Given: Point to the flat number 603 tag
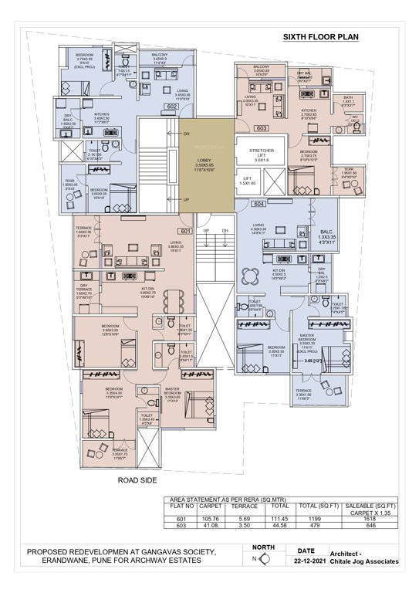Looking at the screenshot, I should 262,128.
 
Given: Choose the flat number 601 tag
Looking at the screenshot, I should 185,231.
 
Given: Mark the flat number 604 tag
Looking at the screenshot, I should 258,204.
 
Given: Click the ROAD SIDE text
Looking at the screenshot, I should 139,480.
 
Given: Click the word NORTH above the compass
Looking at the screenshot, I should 260,547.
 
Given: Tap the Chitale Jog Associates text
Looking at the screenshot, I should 363,562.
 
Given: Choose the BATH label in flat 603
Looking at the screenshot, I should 348,97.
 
